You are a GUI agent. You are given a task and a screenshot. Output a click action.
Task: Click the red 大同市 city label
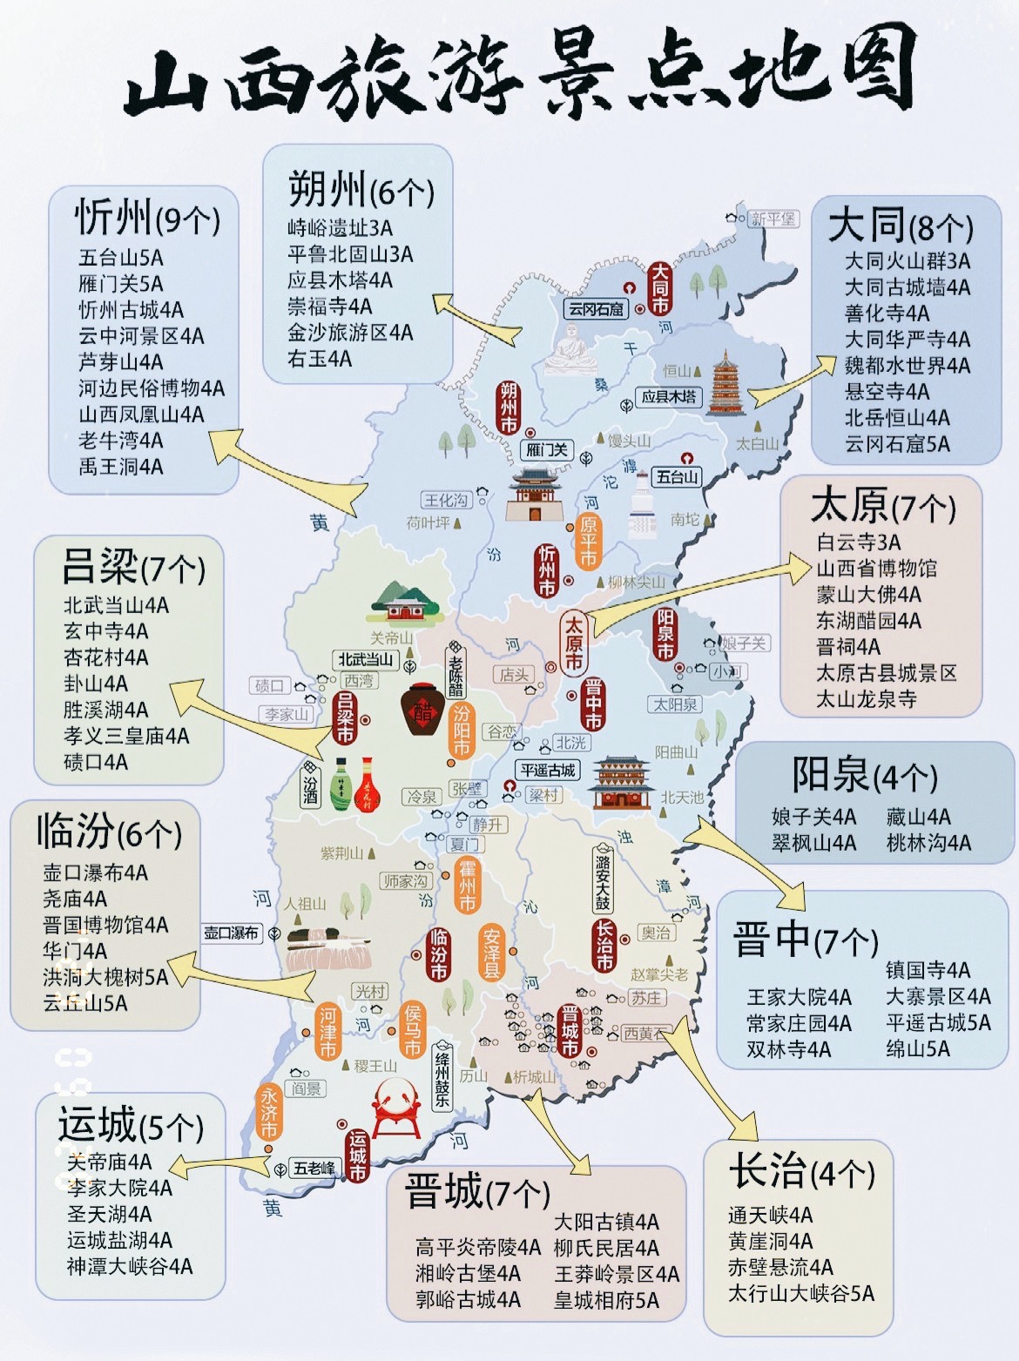(x=659, y=287)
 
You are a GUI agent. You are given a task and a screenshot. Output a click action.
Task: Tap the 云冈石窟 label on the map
(x=597, y=308)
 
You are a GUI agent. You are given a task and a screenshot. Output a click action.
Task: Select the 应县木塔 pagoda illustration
(x=724, y=384)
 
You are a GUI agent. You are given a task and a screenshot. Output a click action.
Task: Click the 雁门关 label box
(x=547, y=449)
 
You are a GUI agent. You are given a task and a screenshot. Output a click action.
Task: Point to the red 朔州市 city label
(x=508, y=408)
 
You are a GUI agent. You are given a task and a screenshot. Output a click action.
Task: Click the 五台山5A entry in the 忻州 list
(x=121, y=258)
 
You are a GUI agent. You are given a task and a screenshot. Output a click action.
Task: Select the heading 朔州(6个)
(x=361, y=189)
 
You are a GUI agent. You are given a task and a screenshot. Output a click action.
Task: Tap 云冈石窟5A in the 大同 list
(x=897, y=444)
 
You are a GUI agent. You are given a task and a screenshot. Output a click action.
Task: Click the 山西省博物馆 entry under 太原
(x=876, y=569)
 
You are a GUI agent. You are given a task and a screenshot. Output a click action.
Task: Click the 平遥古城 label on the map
(x=548, y=771)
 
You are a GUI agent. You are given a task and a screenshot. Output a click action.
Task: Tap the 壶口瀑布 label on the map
(x=232, y=933)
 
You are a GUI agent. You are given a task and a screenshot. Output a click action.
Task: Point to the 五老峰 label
(x=314, y=1168)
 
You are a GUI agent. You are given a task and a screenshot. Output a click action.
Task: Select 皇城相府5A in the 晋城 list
(x=606, y=1300)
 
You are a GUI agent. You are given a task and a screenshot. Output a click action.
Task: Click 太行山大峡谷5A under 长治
(x=800, y=1293)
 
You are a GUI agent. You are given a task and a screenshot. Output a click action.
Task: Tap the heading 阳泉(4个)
(x=864, y=775)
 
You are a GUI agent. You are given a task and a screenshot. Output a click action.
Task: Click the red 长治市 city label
(x=604, y=946)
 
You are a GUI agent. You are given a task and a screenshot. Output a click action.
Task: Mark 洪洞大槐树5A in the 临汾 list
(x=105, y=977)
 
